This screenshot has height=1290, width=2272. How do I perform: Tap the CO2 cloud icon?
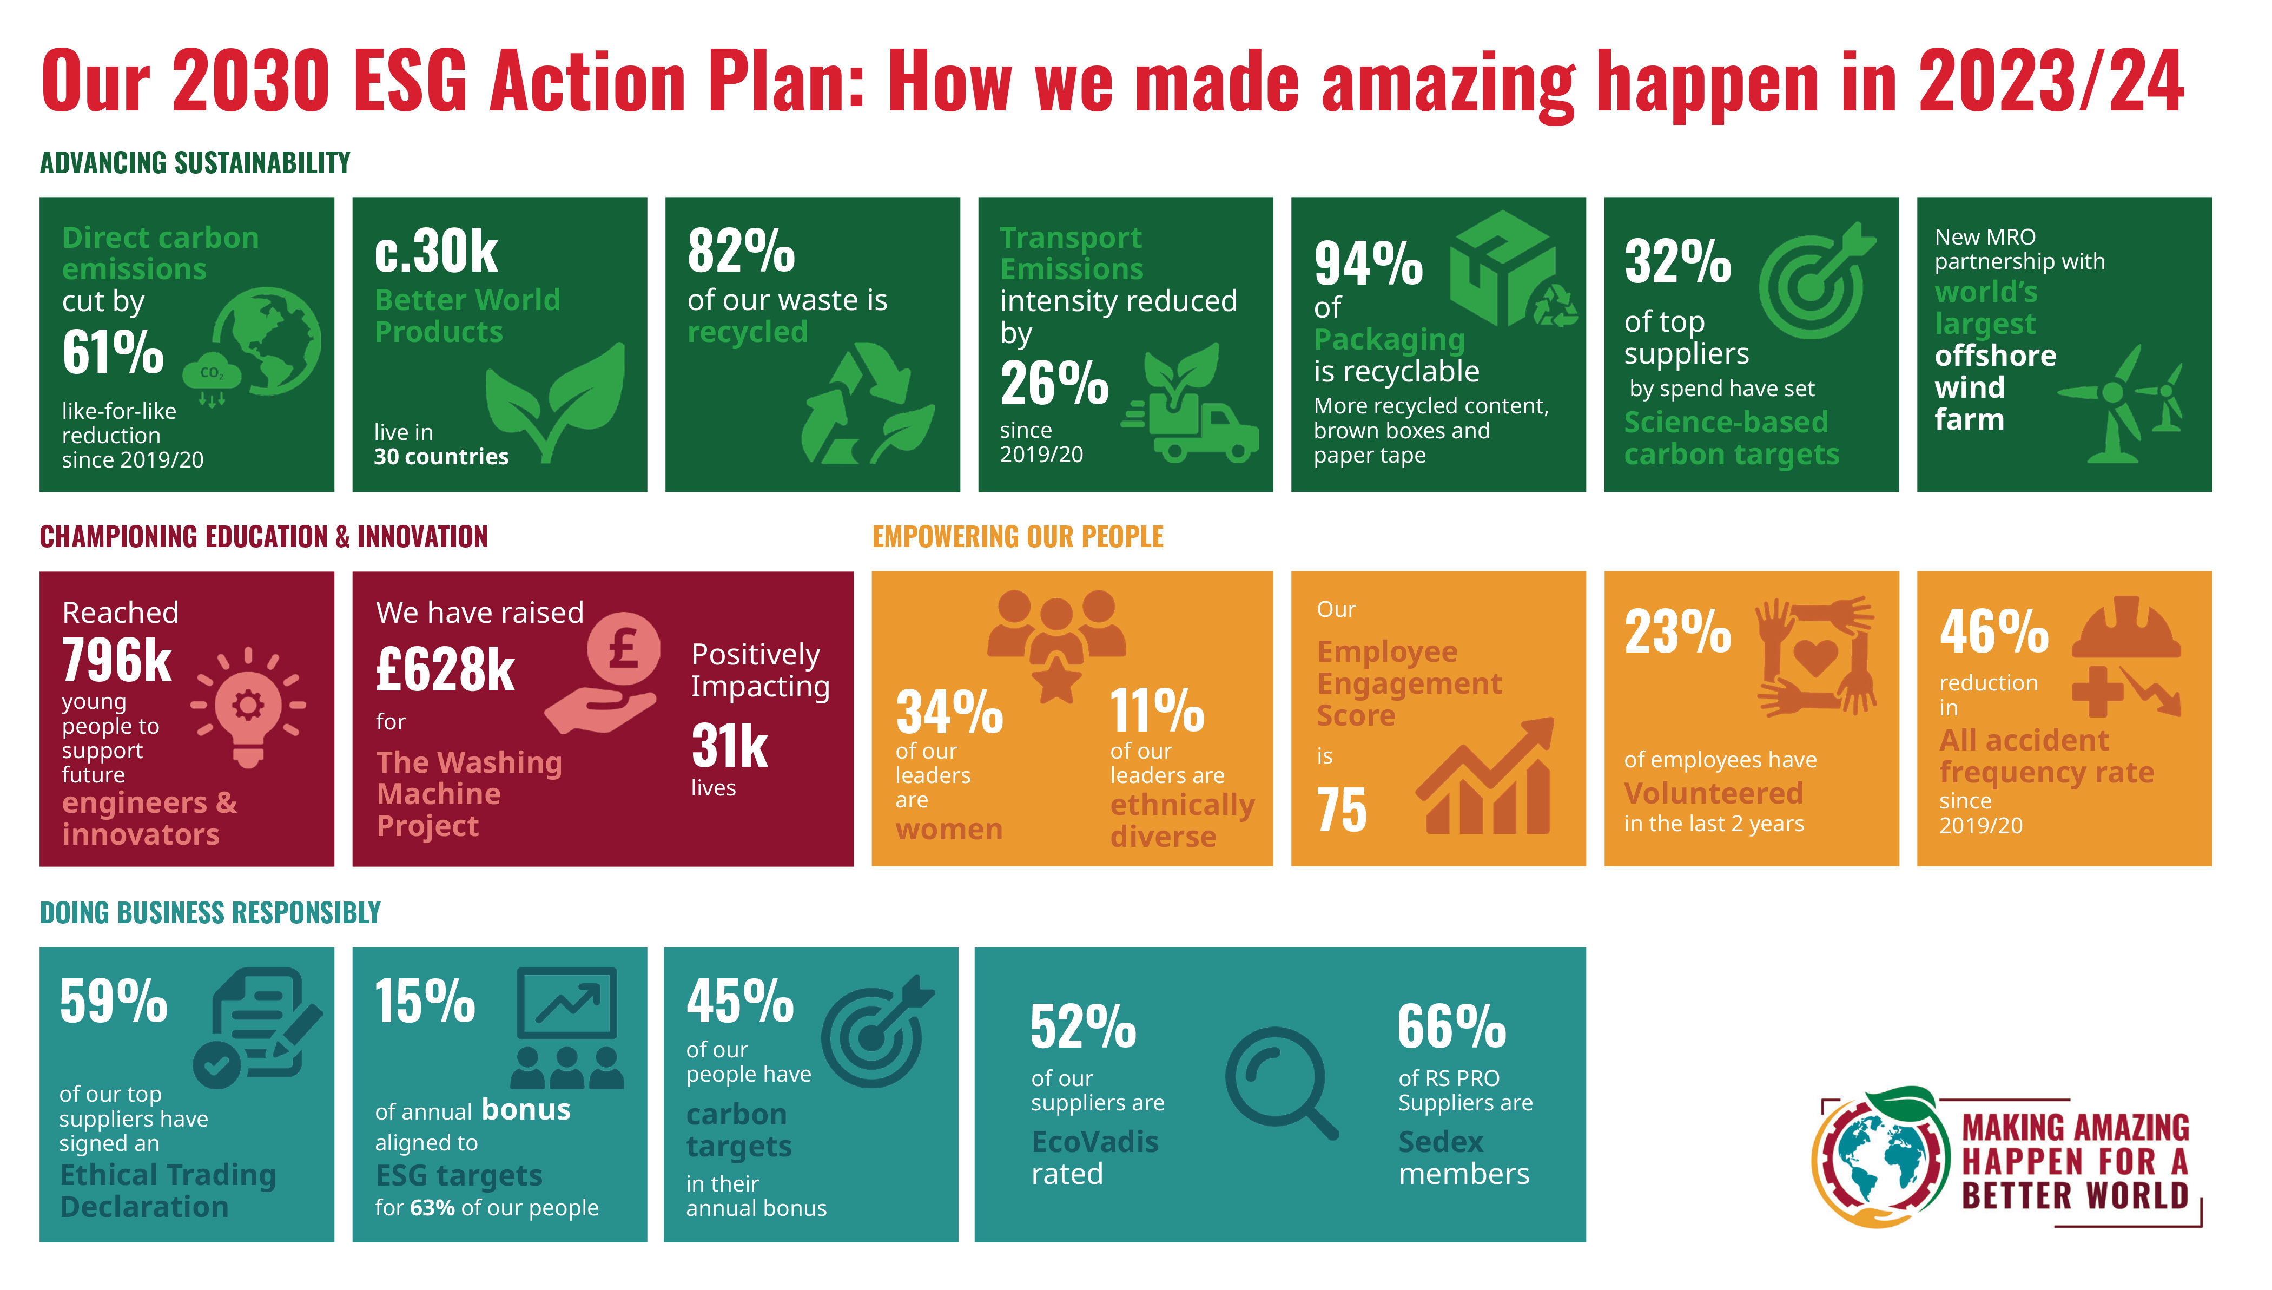tap(211, 378)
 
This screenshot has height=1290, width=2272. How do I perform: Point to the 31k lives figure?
tap(729, 746)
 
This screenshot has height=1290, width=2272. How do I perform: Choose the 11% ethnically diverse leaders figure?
tap(1157, 710)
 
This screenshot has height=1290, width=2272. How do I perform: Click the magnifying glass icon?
tap(1281, 1083)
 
